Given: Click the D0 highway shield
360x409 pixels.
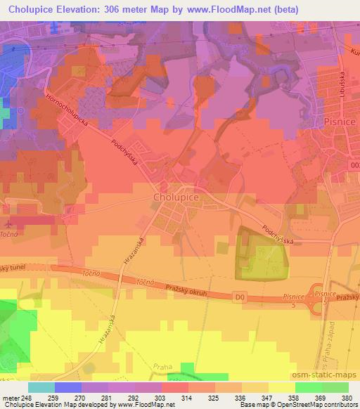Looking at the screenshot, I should point(240,299).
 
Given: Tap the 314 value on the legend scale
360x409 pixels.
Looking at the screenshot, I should point(188,397).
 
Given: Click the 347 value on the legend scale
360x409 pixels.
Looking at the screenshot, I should point(268,397).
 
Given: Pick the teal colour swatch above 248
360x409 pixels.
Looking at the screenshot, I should point(41,387).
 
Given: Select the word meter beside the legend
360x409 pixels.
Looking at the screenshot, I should point(11,397).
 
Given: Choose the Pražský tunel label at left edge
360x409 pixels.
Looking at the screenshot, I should point(13,268).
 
